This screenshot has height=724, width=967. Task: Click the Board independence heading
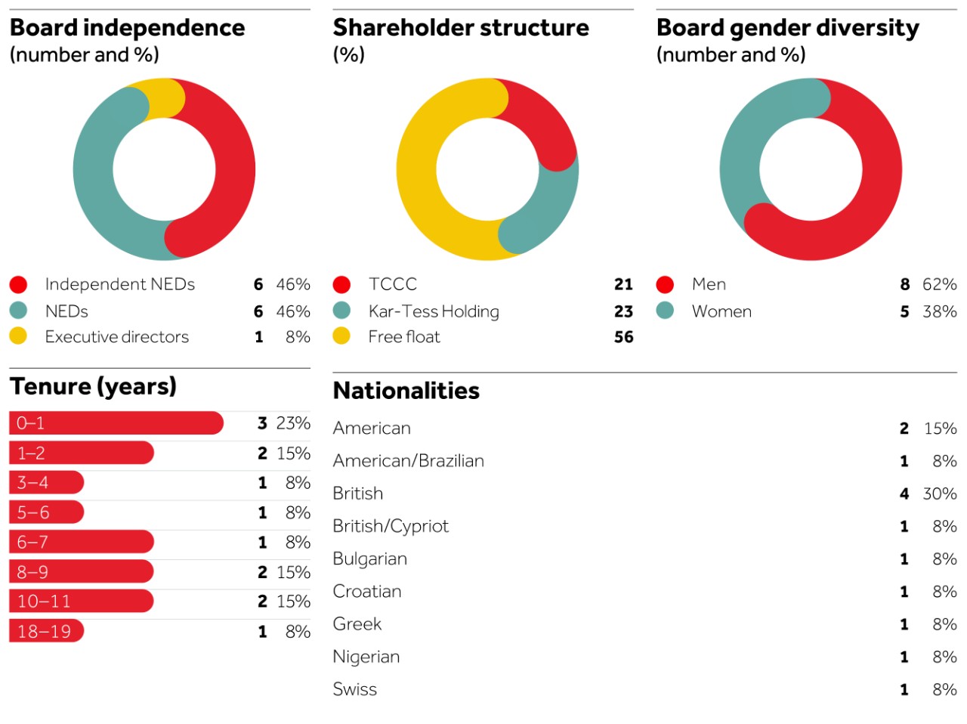point(127,28)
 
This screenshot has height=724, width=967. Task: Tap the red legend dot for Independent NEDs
point(18,284)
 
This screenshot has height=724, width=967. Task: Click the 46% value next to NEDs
point(293,311)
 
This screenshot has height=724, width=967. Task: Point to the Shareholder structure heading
point(461,28)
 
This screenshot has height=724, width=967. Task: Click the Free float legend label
point(404,337)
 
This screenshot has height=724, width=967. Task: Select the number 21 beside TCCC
point(623,284)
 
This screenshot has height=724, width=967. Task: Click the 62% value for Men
point(940,284)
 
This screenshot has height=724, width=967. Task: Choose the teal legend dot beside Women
point(665,311)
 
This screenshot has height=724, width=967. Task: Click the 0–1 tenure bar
point(116,423)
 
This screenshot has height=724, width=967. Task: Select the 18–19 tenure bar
point(46,631)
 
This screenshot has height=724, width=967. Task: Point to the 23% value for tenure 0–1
point(293,423)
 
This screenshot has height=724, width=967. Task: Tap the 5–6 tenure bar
point(46,512)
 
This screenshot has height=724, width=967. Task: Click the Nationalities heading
point(406,391)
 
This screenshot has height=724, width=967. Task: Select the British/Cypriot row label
point(391,526)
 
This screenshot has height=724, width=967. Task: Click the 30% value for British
point(940,493)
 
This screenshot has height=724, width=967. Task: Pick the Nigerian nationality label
point(366,657)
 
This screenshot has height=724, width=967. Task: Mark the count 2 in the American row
point(904,429)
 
